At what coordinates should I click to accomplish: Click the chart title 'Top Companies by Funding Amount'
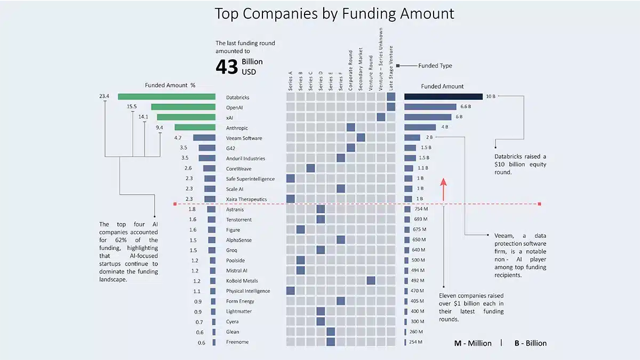pos(334,13)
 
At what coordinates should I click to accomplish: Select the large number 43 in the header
pos(226,67)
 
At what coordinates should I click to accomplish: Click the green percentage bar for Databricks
pos(166,97)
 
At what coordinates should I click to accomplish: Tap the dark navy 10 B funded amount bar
pos(443,97)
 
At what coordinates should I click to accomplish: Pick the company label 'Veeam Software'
pos(244,138)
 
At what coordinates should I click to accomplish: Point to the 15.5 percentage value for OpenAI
pos(132,107)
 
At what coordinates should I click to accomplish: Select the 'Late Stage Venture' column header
pos(391,68)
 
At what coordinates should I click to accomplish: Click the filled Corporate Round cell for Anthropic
pos(350,127)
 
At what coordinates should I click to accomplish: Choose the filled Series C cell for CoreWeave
pos(310,169)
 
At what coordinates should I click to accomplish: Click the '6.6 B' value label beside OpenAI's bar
pos(466,107)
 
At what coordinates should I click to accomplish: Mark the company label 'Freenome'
pos(237,342)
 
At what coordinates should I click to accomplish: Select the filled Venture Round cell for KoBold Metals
pos(371,281)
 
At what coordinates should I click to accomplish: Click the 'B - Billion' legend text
pos(530,343)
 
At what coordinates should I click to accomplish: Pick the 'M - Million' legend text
pos(473,343)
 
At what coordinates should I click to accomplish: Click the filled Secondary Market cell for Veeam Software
pos(361,138)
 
